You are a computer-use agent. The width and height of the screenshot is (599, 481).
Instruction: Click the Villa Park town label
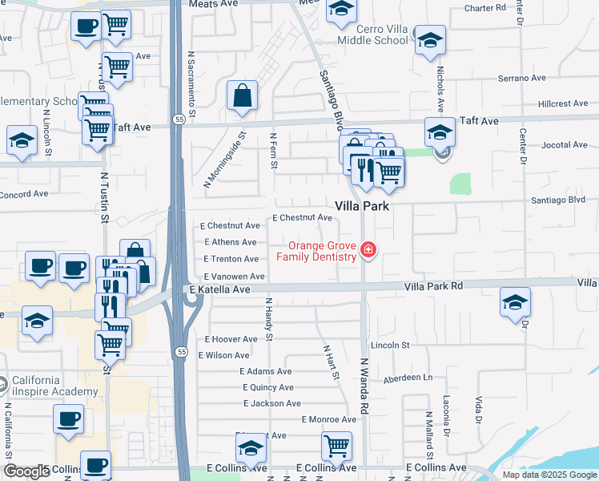(361, 206)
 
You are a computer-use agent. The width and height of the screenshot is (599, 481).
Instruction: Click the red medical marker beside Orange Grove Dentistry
(368, 251)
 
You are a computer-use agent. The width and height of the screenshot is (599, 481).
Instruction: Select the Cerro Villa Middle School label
(371, 34)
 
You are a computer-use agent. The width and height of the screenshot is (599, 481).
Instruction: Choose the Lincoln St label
(390, 345)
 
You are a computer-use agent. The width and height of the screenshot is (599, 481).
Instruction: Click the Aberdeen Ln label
(408, 378)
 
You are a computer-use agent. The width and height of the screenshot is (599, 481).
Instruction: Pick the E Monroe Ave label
(328, 419)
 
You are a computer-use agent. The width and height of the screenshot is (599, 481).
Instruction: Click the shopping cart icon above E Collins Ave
(336, 446)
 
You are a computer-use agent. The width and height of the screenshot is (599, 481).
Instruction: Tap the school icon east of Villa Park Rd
(515, 302)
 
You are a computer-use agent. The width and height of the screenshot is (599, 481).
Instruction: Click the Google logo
(26, 471)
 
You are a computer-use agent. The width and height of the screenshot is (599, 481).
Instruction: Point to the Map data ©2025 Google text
(549, 475)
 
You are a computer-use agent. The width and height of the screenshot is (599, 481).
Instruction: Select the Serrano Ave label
(521, 79)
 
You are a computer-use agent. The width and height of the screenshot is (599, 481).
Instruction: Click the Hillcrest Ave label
(564, 103)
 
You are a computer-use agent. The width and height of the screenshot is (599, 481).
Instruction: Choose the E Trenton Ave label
(231, 259)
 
